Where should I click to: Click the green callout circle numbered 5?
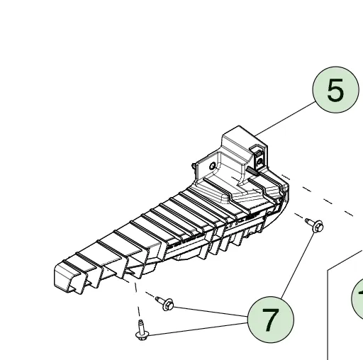point(335,91)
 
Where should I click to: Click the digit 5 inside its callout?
point(335,91)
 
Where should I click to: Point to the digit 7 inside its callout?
point(270,320)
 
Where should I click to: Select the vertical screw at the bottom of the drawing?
point(141,329)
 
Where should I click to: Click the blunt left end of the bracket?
point(65,276)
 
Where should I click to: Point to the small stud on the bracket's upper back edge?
point(195,165)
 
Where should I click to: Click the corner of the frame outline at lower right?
point(328,270)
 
